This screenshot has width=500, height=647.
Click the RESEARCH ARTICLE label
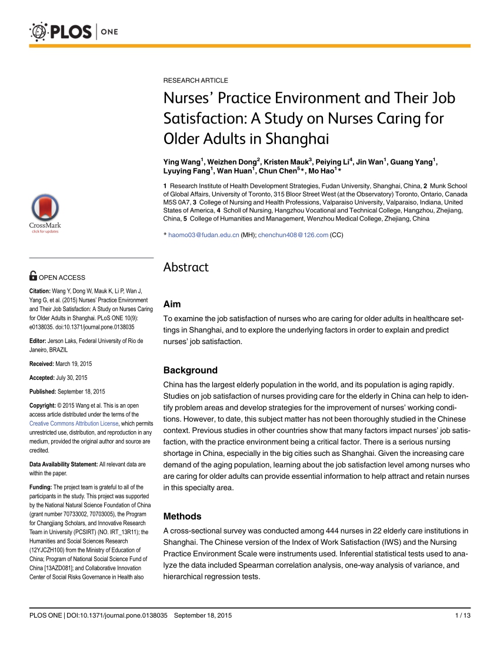coord(195,80)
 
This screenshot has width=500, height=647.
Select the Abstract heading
coord(186,267)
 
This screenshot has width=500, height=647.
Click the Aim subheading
coord(172,304)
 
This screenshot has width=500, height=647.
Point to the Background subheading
coord(190,370)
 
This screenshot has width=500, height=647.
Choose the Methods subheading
coord(182,516)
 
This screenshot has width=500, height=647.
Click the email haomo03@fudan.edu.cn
coord(204,235)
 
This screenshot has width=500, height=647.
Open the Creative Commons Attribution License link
coord(74,423)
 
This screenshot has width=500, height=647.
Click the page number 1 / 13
coord(463,615)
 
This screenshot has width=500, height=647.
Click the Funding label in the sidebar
coord(41,487)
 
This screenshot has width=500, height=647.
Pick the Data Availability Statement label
coord(63,464)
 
